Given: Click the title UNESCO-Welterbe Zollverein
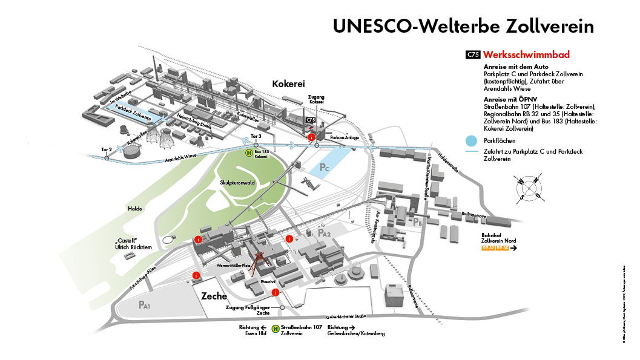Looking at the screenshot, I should coord(463,26).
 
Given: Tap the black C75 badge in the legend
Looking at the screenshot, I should coord(473,55).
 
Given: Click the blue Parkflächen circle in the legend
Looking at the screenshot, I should coord(472,140).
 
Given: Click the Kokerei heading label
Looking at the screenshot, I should coord(288,84).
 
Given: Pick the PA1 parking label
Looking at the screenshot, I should coord(144,305).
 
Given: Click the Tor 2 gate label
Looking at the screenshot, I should coord(107,149).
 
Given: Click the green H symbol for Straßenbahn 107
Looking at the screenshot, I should coord(275,329).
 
